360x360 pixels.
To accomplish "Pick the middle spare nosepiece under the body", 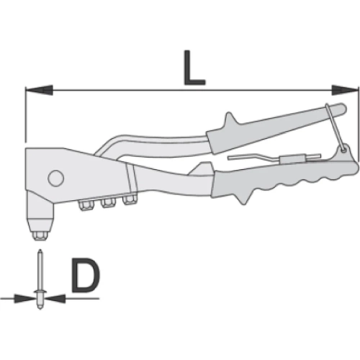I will [109, 204].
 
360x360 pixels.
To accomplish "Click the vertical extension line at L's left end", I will [24, 115].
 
